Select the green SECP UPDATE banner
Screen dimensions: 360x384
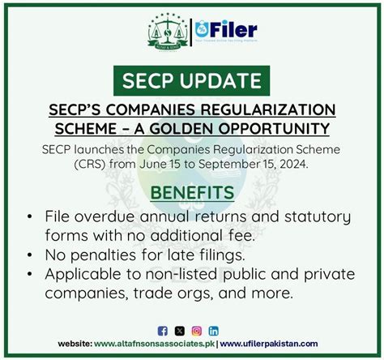point(192,81)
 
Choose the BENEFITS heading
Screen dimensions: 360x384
point(192,193)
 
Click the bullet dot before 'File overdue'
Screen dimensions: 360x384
point(30,218)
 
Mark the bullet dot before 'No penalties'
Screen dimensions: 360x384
point(30,255)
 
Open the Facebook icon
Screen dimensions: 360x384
point(162,331)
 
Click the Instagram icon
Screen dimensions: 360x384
point(196,331)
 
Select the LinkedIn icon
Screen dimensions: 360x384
point(213,331)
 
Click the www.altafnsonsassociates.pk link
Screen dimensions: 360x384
point(154,345)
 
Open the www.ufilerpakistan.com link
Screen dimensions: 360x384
point(269,345)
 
